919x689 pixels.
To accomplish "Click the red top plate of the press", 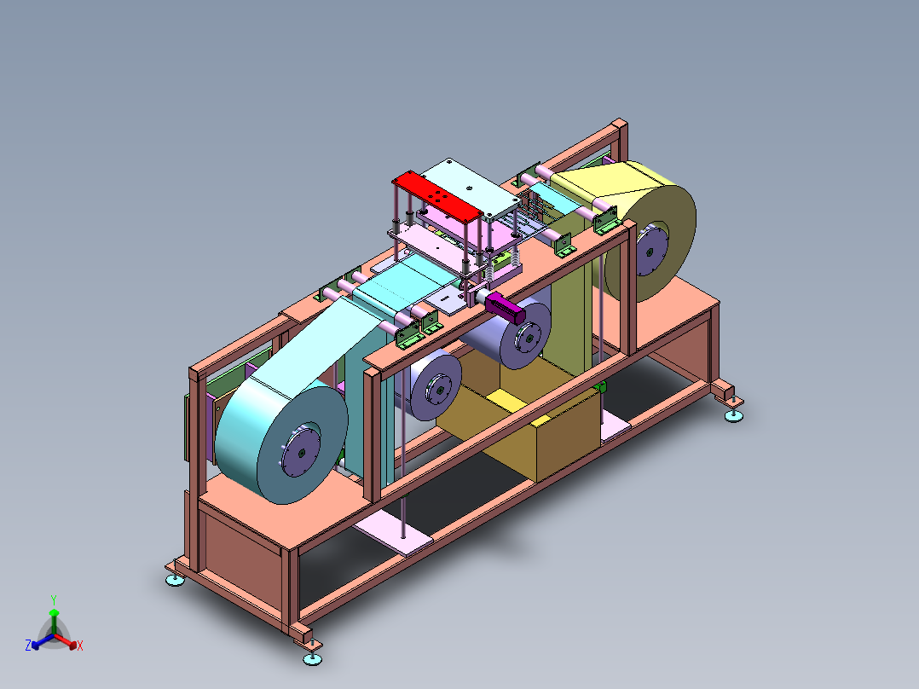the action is click(x=436, y=196).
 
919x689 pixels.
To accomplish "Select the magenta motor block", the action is click(x=506, y=307).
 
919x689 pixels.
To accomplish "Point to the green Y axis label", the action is click(x=54, y=599).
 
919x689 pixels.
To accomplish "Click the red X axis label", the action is click(x=80, y=646).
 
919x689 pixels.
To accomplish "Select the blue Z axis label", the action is click(x=28, y=645).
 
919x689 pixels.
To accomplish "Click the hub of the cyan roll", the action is click(x=300, y=451).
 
